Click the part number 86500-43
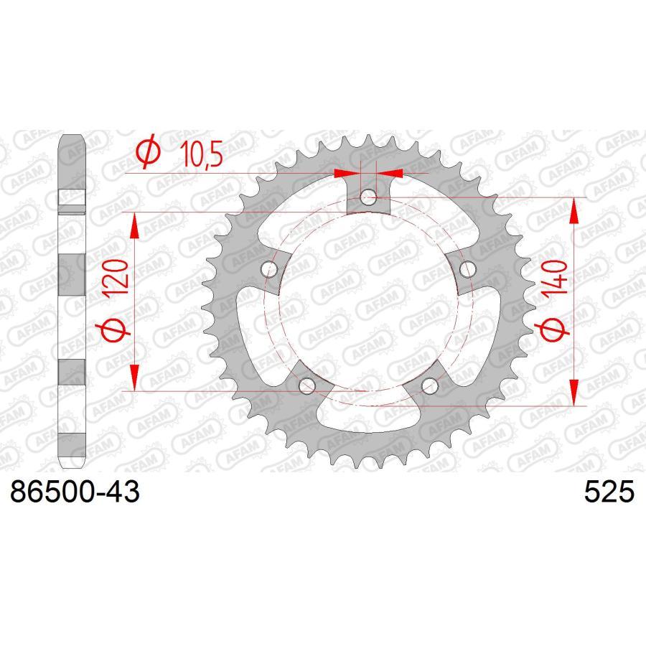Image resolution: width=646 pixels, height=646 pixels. [x=73, y=493]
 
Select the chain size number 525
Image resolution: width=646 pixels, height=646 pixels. [x=610, y=493]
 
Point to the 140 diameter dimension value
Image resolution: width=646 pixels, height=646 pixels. [x=558, y=281]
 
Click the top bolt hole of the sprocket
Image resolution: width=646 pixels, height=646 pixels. [x=368, y=195]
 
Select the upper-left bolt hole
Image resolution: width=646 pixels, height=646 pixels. [x=270, y=268]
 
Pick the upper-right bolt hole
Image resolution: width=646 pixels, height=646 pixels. [x=468, y=268]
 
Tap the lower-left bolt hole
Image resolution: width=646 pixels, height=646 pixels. [x=308, y=385]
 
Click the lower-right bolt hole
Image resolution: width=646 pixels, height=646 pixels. [x=429, y=385]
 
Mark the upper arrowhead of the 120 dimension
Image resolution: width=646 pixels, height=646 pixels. [x=133, y=223]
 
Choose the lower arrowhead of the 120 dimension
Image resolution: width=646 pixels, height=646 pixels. [x=133, y=380]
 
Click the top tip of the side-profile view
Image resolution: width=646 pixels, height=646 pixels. [x=72, y=138]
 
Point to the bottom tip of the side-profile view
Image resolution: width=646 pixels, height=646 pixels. [x=72, y=468]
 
